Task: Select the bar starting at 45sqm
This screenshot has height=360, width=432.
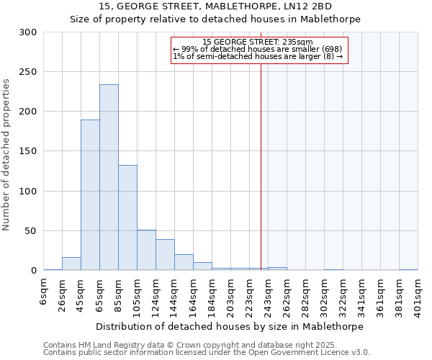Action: click(x=90, y=194)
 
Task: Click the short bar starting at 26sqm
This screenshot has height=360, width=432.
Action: click(x=71, y=264)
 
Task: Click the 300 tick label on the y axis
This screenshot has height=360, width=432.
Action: click(x=28, y=32)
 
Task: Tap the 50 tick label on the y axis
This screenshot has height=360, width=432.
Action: click(x=31, y=231)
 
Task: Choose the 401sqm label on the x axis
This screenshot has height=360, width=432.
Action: click(x=418, y=296)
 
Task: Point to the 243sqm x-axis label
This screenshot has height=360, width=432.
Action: click(x=268, y=296)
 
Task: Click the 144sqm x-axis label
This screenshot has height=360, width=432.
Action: click(x=174, y=296)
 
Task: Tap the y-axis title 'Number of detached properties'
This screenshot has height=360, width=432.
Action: click(x=6, y=155)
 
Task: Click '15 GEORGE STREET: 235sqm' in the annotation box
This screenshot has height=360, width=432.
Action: click(x=258, y=42)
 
